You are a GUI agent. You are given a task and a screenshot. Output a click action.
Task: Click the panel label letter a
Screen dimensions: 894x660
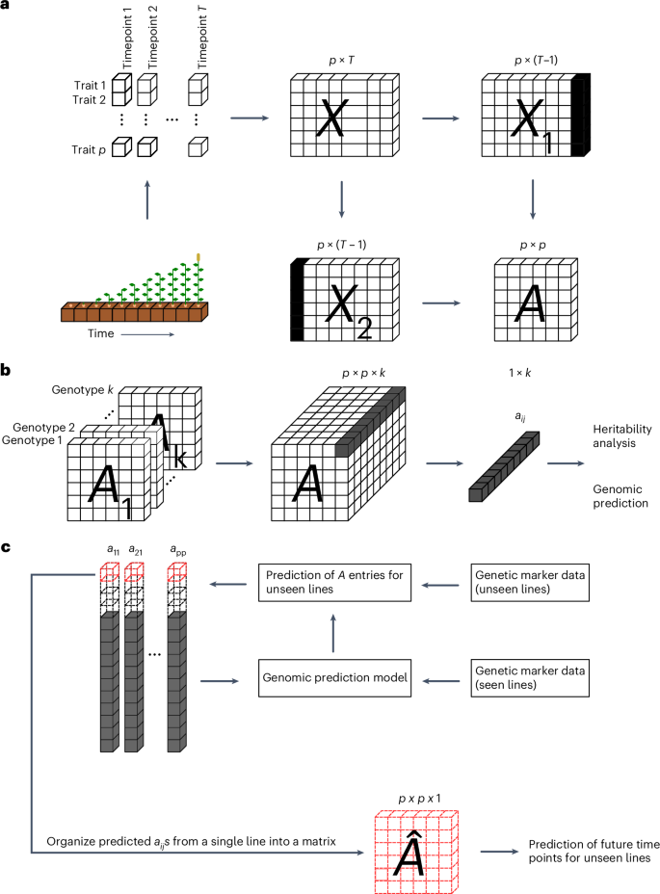pos(7,8)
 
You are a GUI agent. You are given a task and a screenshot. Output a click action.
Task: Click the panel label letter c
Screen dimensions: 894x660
pos(7,546)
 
